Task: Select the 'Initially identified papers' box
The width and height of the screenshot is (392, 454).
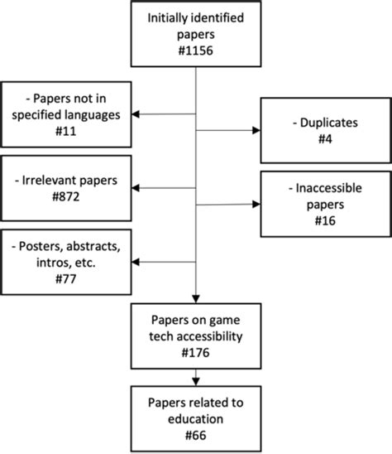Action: [x=195, y=33]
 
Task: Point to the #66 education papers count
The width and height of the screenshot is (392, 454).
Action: [x=195, y=435]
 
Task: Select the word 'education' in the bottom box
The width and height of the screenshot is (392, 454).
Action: [x=195, y=419]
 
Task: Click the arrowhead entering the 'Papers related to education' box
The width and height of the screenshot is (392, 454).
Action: [x=195, y=383]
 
